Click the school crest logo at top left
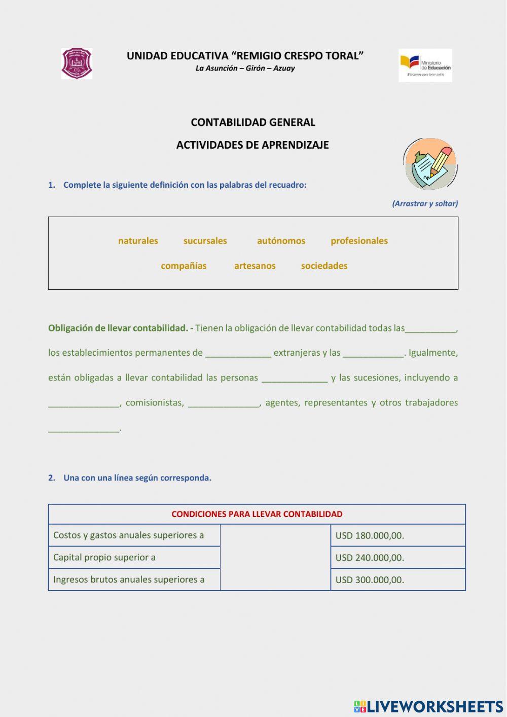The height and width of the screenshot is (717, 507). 77,64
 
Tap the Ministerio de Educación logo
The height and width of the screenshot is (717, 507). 425,65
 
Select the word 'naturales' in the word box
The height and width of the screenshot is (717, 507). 138,241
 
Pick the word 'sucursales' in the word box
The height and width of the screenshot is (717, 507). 205,241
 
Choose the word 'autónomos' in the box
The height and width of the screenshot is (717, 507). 281,241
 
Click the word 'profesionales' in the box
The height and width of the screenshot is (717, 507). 359,241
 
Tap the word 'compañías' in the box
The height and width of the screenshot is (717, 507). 184,266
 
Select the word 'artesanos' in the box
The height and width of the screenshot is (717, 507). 255,266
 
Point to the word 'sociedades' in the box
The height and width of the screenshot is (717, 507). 324,266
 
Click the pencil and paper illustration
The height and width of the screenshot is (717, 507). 430,164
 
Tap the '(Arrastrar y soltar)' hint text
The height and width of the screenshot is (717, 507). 425,203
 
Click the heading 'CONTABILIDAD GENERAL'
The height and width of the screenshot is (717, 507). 253,122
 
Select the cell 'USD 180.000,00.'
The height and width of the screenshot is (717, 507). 397,535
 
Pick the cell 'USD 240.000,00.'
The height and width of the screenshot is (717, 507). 397,558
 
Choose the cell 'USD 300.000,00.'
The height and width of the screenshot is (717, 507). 397,580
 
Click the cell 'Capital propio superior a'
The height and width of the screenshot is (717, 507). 134,558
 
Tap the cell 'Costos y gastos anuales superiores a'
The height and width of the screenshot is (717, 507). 134,535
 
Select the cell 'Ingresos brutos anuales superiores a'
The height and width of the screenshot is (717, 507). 134,579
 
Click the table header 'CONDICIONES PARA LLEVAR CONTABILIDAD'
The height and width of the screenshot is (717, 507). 257,514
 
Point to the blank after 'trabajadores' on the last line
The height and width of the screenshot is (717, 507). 84,429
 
